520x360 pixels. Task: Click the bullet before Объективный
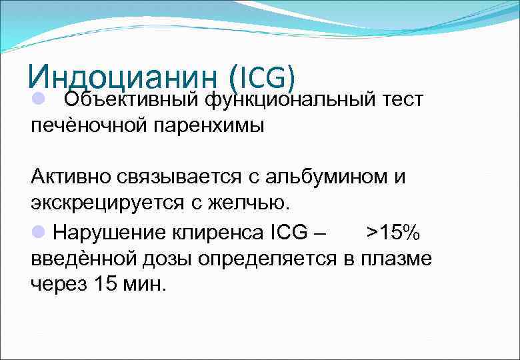tap(38, 99)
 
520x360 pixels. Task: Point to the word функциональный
tap(285, 100)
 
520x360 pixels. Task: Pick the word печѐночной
tap(83, 125)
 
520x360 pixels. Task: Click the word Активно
tap(70, 178)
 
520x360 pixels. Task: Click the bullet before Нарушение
tap(38, 230)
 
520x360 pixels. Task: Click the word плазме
tap(397, 257)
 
